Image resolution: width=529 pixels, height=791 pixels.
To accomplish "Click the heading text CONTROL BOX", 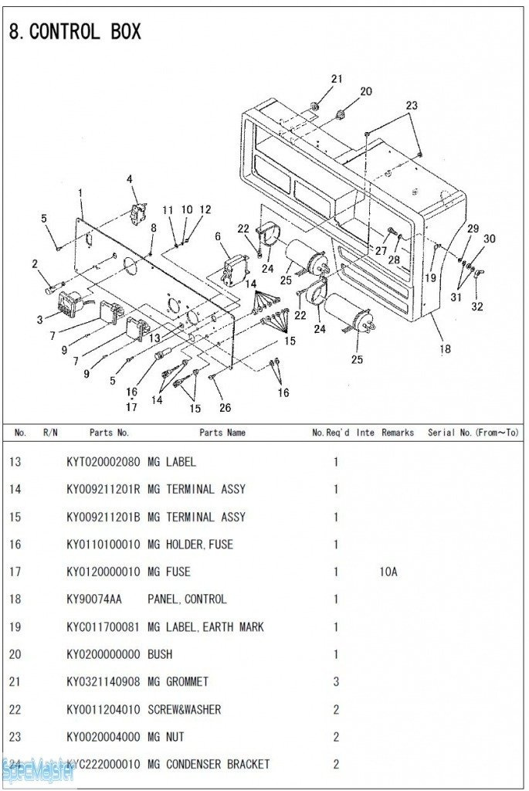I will point(85,32).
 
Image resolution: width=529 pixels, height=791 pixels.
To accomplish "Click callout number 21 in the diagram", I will point(337,79).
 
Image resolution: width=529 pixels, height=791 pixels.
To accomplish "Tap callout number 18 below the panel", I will point(445,349).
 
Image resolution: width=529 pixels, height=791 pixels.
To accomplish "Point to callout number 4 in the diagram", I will point(130,180).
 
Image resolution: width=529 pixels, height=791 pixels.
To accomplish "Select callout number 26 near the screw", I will point(225,408).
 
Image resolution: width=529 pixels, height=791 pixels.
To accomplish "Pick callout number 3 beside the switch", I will point(39,320).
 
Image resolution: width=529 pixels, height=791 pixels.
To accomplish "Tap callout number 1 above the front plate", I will point(80,192).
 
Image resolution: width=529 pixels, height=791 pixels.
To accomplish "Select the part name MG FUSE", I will point(168,572).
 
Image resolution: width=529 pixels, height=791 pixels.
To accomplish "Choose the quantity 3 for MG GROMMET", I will point(336,682).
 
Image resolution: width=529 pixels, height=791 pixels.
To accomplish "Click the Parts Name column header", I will point(222,433).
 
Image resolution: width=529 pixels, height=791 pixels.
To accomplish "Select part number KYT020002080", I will point(103,463).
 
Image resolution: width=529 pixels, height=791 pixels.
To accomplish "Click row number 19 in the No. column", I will point(15,627).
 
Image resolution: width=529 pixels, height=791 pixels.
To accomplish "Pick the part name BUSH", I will point(160,654).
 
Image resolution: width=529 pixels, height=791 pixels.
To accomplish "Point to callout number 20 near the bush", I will point(366,91).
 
